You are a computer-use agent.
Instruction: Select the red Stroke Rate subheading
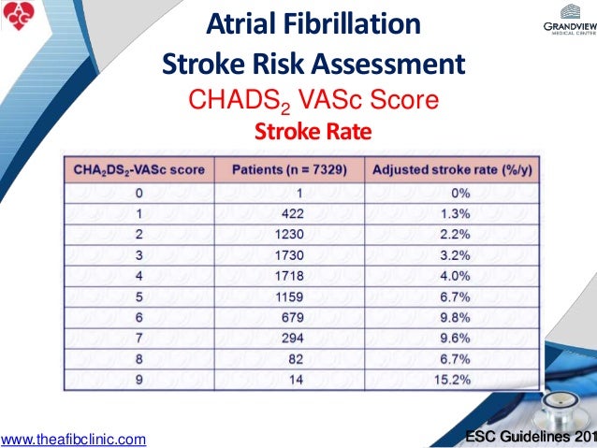pyautogui.click(x=313, y=132)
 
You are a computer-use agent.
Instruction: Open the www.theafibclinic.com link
pyautogui.click(x=74, y=438)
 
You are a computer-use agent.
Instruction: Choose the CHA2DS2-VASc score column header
pyautogui.click(x=138, y=169)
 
